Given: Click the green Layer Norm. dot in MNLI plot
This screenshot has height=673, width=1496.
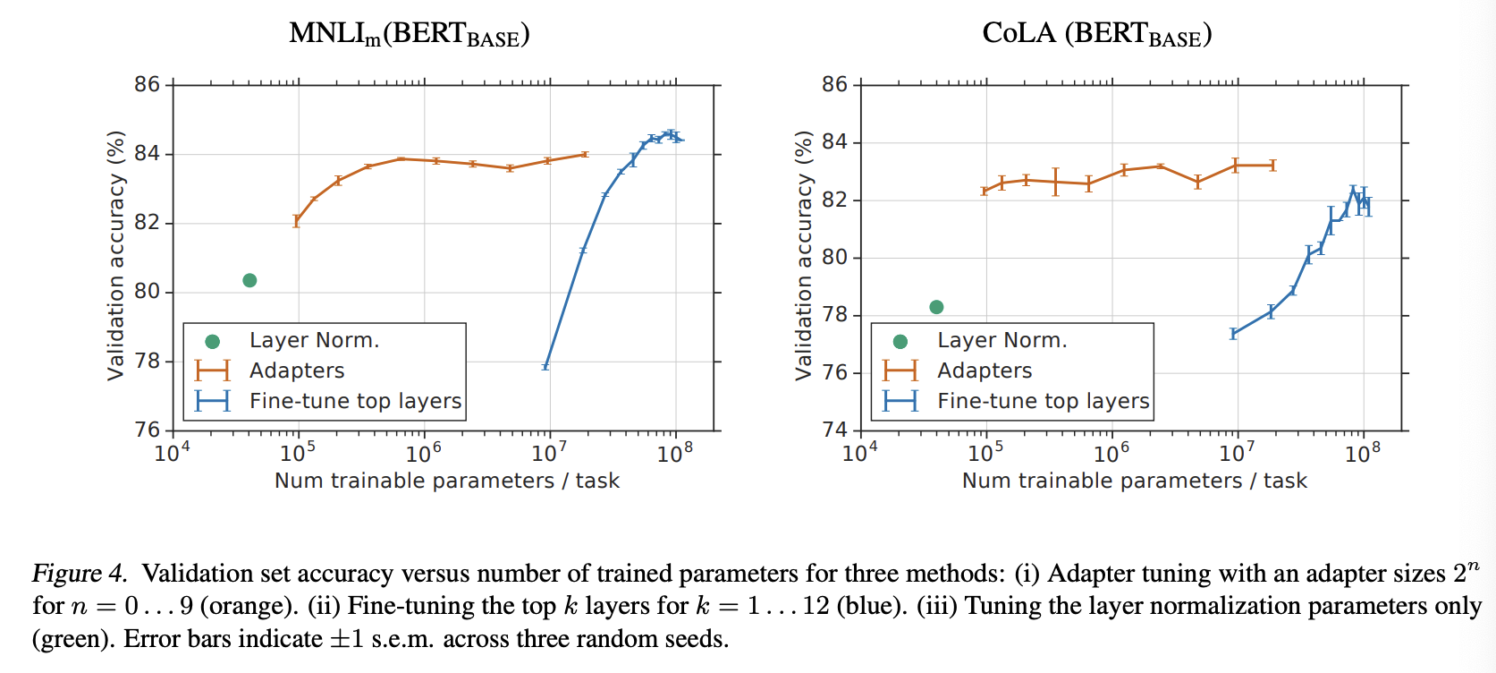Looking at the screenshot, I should pyautogui.click(x=249, y=280).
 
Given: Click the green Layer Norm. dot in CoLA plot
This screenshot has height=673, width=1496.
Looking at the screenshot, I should pyautogui.click(x=936, y=307).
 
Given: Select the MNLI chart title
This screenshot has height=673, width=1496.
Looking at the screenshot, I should pyautogui.click(x=410, y=34).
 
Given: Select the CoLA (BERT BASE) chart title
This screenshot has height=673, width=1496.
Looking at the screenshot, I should pyautogui.click(x=1096, y=34).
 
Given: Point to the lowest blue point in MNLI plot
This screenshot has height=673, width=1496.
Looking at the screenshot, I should pyautogui.click(x=545, y=366).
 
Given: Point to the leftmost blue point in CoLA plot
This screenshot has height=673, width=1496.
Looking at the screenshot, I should pyautogui.click(x=1234, y=334).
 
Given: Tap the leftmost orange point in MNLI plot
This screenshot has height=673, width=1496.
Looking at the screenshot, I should pyautogui.click(x=297, y=221).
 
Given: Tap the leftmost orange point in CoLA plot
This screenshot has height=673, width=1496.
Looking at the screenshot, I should pyautogui.click(x=985, y=191).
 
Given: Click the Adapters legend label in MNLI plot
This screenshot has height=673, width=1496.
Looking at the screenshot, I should pyautogui.click(x=297, y=371).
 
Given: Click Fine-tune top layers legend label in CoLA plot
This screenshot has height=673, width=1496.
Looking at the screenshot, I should pyautogui.click(x=1043, y=401).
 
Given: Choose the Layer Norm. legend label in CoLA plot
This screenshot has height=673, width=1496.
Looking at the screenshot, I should pyautogui.click(x=1002, y=340).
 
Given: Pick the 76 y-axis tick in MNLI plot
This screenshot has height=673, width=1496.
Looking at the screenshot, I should pyautogui.click(x=147, y=430).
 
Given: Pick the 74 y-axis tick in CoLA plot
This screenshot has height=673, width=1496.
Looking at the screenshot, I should pyautogui.click(x=834, y=430).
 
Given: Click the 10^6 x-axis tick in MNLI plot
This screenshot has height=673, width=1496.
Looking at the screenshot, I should pyautogui.click(x=423, y=453).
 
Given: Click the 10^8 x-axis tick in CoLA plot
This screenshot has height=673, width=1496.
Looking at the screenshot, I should pyautogui.click(x=1362, y=453).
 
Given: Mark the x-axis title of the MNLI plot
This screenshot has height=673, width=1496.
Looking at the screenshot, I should pyautogui.click(x=446, y=481).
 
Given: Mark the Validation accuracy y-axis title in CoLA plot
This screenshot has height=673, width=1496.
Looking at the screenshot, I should pyautogui.click(x=804, y=255).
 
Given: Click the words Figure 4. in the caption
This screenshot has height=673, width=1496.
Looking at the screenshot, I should pyautogui.click(x=80, y=574).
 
